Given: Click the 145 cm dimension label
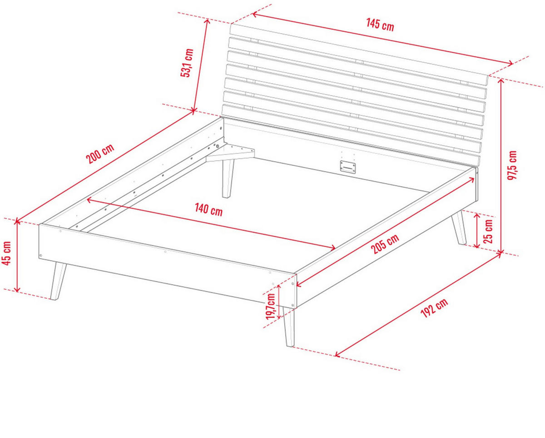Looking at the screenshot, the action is coord(380,25).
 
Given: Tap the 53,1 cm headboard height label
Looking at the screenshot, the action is coord(187,63).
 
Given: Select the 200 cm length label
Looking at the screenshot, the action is coord(100,154).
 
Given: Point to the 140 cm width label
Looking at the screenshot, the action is coord(208,210).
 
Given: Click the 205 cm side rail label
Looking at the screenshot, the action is coord(385,244).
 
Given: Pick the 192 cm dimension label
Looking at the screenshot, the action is coord(434,308).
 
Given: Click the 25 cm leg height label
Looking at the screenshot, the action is coord(488,231).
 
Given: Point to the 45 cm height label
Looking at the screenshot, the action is coord(6,253).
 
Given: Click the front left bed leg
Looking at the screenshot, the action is coord(58,281).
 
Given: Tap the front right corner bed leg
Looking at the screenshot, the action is coord(289,327).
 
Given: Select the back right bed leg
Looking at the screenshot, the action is coord(459,227).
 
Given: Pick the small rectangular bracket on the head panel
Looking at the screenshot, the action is coord(348,167).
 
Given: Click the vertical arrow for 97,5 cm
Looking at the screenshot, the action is coord(500,166).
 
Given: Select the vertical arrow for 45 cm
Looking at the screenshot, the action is coord(17,255).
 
